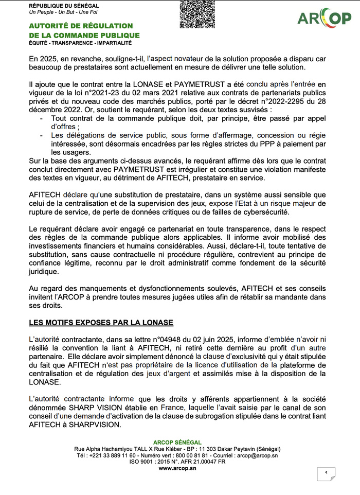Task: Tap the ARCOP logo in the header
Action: [x=324, y=18]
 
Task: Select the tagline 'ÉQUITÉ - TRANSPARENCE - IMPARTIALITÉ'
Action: [x=80, y=43]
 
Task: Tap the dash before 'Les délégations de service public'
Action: [x=41, y=135]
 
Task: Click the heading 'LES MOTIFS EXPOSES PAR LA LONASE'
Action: [x=101, y=323]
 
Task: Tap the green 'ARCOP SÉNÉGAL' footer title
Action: [x=177, y=443]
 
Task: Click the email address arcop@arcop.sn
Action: [x=257, y=455]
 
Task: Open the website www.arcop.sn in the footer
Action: [x=177, y=468]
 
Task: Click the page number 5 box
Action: [x=326, y=473]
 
